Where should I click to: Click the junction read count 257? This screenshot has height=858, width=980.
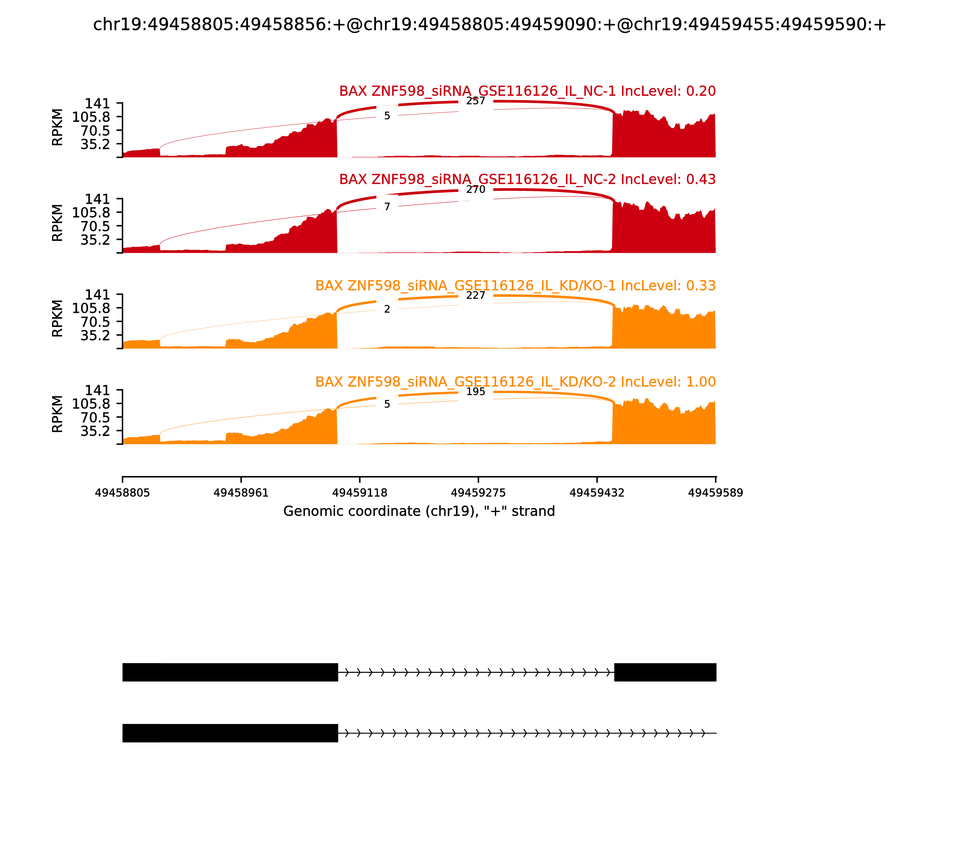475,101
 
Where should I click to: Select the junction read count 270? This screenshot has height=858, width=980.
475,190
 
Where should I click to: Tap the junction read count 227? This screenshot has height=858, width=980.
475,295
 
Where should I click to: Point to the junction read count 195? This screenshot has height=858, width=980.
475,392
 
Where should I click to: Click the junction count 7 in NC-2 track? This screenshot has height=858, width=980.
387,207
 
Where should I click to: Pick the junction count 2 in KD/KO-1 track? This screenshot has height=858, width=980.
387,309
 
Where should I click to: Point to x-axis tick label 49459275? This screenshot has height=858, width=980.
478,493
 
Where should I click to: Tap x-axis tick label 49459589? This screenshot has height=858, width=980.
715,493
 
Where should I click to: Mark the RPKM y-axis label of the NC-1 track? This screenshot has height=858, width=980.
57,127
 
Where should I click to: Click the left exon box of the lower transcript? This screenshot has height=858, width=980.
230,733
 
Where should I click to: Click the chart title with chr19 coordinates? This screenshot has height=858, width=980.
489,25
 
